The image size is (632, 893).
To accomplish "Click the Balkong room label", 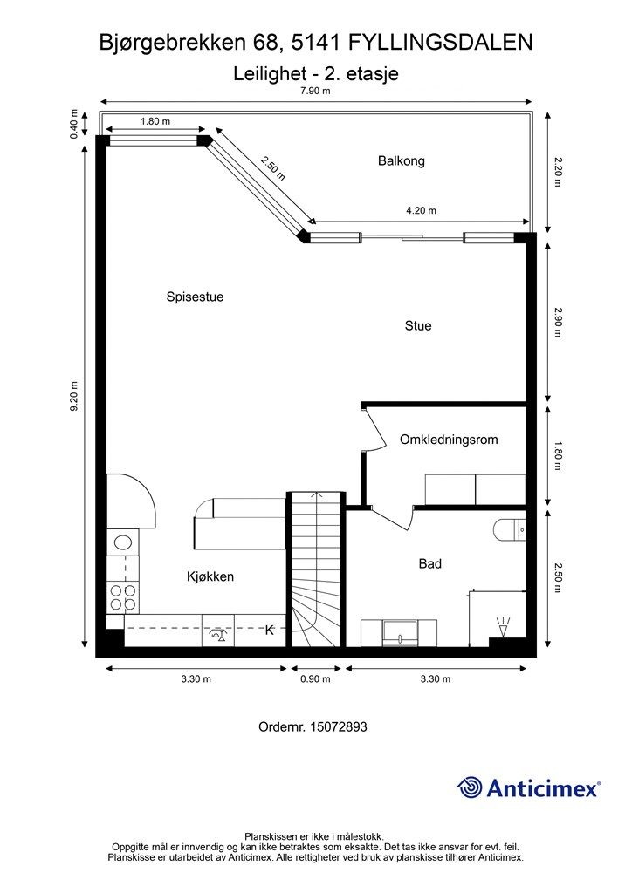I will click(x=401, y=160).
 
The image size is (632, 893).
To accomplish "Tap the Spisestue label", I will click(x=195, y=297).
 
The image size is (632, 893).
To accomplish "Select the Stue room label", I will click(x=418, y=326).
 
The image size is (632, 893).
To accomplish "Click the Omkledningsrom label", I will click(x=449, y=440).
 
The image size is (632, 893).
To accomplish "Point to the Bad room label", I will click(x=429, y=564).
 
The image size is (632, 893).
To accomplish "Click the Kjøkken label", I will click(x=210, y=576).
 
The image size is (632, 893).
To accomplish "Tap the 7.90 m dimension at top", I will click(x=315, y=91).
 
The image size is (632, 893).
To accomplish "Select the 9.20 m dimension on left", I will click(x=75, y=398).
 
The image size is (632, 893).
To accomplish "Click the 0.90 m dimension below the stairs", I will click(x=315, y=679).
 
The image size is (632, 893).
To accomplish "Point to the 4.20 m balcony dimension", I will click(x=421, y=210).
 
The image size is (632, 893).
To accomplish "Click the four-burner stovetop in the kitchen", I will click(x=122, y=597).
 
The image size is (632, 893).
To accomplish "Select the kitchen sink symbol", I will click(x=122, y=543).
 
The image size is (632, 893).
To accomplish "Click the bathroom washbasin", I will click(x=400, y=632).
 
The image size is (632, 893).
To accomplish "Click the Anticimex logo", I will click(x=529, y=788).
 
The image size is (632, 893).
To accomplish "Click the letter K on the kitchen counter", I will click(x=270, y=631).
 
